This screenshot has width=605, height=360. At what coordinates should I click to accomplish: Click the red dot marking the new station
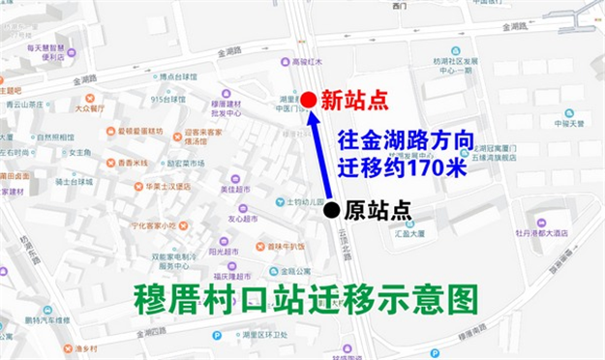307,100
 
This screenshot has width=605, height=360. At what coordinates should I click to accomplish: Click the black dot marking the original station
332,209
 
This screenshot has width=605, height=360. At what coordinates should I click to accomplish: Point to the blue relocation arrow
318,155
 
